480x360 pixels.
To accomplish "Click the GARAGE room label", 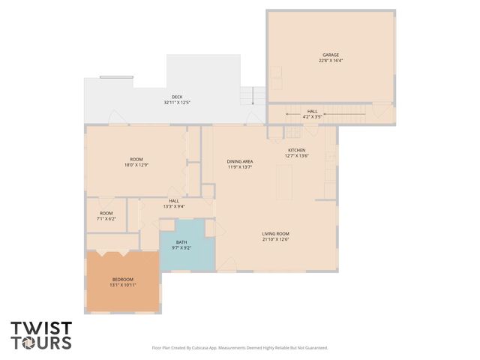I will [x=331, y=55].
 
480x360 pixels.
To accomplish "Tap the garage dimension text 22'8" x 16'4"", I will [x=331, y=61].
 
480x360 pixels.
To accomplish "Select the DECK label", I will [x=177, y=97].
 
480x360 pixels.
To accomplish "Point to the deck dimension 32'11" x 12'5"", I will [x=177, y=103].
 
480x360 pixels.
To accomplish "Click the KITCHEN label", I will [x=297, y=150].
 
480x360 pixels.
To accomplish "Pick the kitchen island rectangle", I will [x=283, y=182].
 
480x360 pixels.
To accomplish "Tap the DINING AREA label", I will [x=240, y=161].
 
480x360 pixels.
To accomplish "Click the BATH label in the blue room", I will [x=181, y=241].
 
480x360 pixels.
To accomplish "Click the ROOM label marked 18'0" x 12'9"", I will [x=136, y=159].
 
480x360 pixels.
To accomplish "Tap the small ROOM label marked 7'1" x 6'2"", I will [x=106, y=213].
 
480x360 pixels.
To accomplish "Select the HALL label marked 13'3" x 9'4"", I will [x=174, y=200].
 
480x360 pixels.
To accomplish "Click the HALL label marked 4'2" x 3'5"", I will [x=312, y=111].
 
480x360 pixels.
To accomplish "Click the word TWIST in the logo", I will [x=41, y=328].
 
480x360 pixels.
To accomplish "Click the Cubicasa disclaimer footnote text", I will [x=240, y=348].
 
